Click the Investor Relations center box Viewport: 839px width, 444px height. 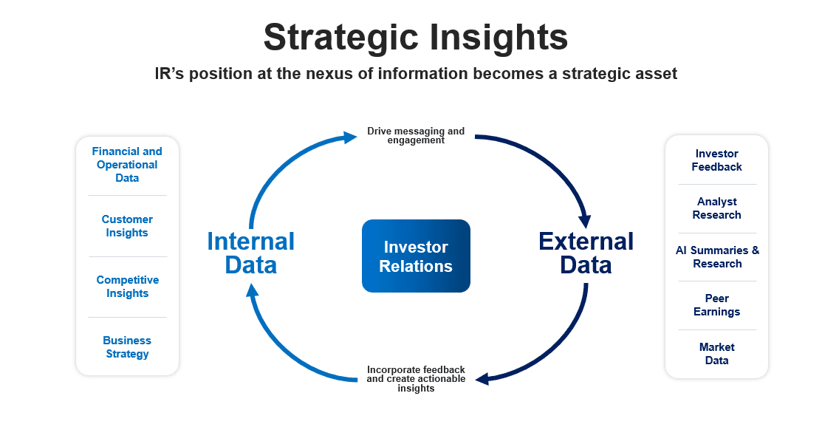(x=416, y=256)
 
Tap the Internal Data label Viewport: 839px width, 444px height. (x=250, y=253)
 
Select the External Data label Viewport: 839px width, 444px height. (x=586, y=253)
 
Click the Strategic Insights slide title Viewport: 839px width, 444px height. (x=416, y=37)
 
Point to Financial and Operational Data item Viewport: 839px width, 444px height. (x=127, y=164)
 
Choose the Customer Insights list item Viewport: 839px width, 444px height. (x=127, y=226)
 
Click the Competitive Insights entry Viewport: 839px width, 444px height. (x=127, y=287)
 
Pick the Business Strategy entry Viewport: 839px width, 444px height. (x=127, y=347)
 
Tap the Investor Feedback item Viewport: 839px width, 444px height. (x=716, y=160)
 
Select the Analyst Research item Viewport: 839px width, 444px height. (x=716, y=208)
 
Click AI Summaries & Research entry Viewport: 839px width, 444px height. (x=716, y=257)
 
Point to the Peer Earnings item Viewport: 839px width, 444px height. (x=716, y=305)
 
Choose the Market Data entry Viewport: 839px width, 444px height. (x=716, y=354)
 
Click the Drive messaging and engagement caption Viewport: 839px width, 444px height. (x=416, y=136)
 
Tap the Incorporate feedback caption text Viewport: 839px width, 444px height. (x=416, y=379)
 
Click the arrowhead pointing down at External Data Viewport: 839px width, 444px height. (x=586, y=219)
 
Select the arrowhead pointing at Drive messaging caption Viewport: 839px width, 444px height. (x=350, y=137)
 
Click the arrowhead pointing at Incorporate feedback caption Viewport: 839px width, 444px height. (x=482, y=379)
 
